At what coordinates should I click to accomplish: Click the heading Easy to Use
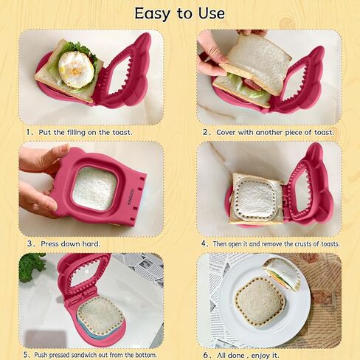pyautogui.click(x=180, y=13)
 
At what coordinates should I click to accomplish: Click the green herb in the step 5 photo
pyautogui.click(x=31, y=267)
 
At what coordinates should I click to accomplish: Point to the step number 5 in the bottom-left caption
pyautogui.click(x=27, y=355)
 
